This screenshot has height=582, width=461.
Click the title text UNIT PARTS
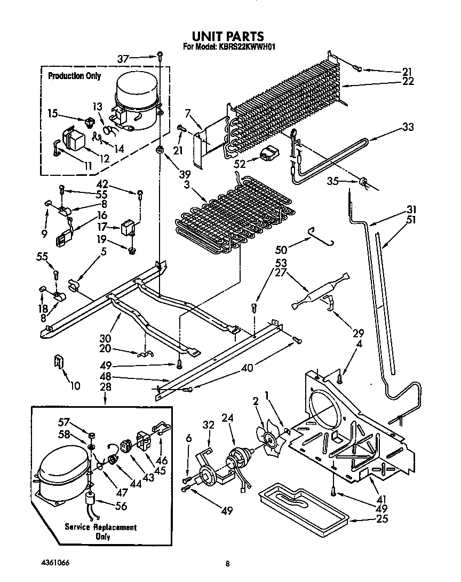tap(228, 36)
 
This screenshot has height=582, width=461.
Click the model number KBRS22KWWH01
tap(245, 47)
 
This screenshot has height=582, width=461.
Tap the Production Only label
tap(74, 76)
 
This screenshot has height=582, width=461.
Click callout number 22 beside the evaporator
tap(408, 81)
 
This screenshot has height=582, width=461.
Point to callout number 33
tap(408, 127)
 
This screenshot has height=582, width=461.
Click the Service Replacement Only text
tap(100, 532)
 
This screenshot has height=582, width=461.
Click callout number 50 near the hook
tap(281, 250)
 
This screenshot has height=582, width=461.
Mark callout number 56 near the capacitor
tap(121, 506)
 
